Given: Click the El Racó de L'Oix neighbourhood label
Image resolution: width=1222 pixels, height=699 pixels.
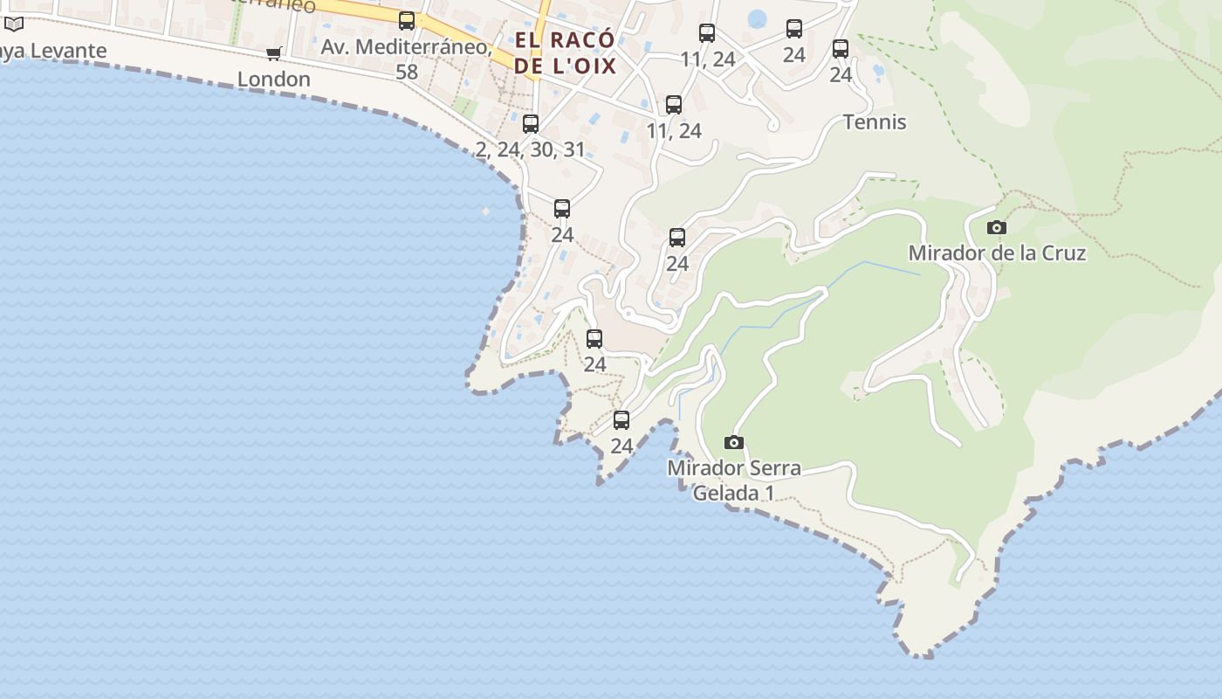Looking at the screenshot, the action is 565,52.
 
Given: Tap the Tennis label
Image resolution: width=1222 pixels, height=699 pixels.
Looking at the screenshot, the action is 875,121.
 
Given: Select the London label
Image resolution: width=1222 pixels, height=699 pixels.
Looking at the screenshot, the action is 274,79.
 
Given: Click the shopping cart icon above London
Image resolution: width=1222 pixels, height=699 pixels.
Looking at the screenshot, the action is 274,53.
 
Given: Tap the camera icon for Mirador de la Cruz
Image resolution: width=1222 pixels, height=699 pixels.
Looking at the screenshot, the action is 996,228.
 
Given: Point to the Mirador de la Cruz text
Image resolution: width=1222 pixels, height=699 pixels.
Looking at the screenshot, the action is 997,253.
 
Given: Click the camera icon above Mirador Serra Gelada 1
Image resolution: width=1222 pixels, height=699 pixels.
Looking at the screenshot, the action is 734,443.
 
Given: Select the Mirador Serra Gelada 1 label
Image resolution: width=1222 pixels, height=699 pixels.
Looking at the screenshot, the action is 734,480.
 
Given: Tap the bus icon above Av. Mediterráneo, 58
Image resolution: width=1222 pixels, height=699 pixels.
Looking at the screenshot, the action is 407,21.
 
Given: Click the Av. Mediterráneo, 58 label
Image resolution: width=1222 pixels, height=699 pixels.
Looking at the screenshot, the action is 407,58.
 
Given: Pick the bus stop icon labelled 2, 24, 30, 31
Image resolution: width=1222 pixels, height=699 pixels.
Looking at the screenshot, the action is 531,124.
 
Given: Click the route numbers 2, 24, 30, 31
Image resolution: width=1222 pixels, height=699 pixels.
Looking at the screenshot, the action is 531,149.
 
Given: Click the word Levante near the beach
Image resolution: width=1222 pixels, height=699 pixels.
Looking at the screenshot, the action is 69,51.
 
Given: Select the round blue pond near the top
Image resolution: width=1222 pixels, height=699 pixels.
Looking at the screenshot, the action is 757,18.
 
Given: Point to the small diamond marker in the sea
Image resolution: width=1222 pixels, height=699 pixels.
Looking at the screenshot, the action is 486,211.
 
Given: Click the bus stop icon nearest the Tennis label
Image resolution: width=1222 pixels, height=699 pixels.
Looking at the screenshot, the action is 841,49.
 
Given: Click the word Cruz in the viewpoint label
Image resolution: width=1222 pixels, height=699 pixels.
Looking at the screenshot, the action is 1061,253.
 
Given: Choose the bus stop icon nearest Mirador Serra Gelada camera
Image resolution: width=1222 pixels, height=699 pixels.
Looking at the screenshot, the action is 621,420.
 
